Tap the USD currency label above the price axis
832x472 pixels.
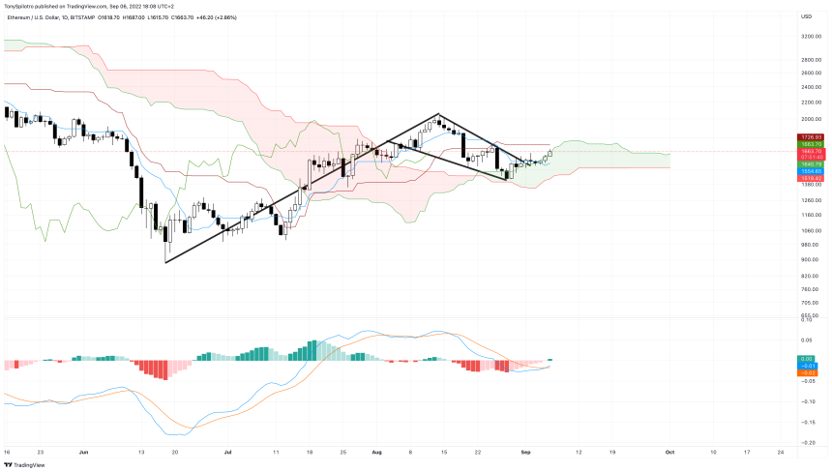[x=806, y=16]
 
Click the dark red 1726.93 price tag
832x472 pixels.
[x=811, y=137]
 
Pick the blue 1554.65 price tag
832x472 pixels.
[x=811, y=171]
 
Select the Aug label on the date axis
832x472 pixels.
[x=375, y=452]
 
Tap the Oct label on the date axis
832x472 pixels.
[x=669, y=452]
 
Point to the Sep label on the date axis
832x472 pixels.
[x=526, y=452]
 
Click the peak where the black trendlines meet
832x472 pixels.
[x=438, y=114]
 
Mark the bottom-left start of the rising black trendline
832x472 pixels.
[x=165, y=261]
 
